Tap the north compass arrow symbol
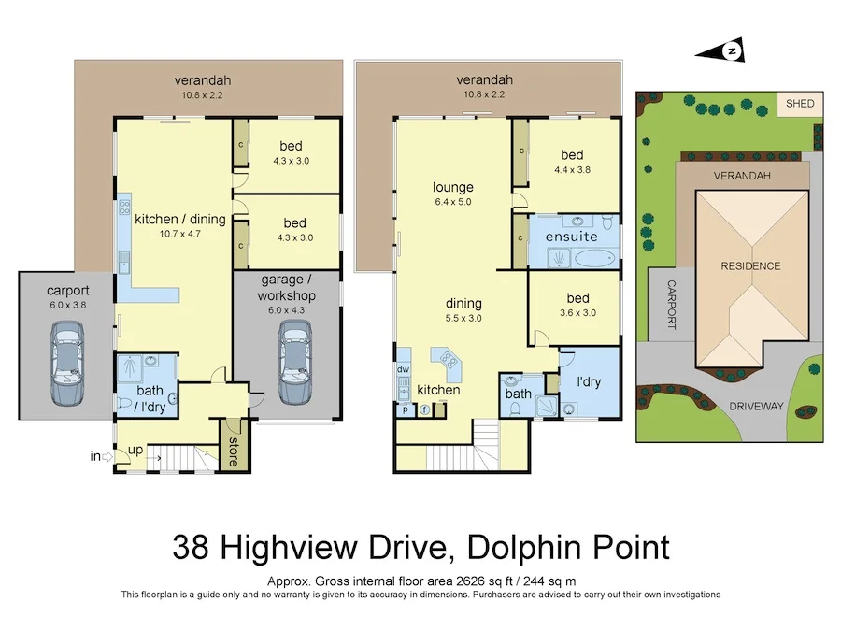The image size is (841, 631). coord(733,50)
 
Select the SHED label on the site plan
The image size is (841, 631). coord(799,104)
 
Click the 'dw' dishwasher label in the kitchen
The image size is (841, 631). coord(404,369)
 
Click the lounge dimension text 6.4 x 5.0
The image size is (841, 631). coord(452,202)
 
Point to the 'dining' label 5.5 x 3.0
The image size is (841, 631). coord(463,303)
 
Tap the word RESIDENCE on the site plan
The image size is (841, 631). coord(749,266)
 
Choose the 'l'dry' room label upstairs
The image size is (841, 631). coord(589,383)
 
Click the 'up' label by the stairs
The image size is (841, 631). coord(135,450)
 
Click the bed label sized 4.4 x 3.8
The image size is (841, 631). coord(572,155)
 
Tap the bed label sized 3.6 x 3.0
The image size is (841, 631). coord(577,298)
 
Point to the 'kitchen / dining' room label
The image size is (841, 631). coord(180,219)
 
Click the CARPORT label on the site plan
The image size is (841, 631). coord(670,305)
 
